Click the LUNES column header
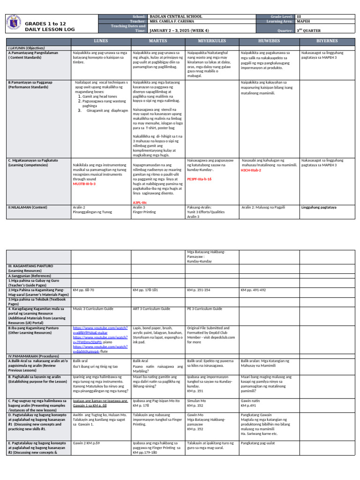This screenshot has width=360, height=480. pos(101,41)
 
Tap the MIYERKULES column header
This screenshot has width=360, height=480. pos(212,41)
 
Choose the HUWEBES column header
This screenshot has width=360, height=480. pos(269,41)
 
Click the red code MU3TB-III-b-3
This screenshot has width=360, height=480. pos(84,184)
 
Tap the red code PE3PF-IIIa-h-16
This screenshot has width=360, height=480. pos(199,179)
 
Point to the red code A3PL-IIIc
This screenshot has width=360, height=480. pos(141,202)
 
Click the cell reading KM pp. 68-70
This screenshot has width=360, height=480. pos(83,290)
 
